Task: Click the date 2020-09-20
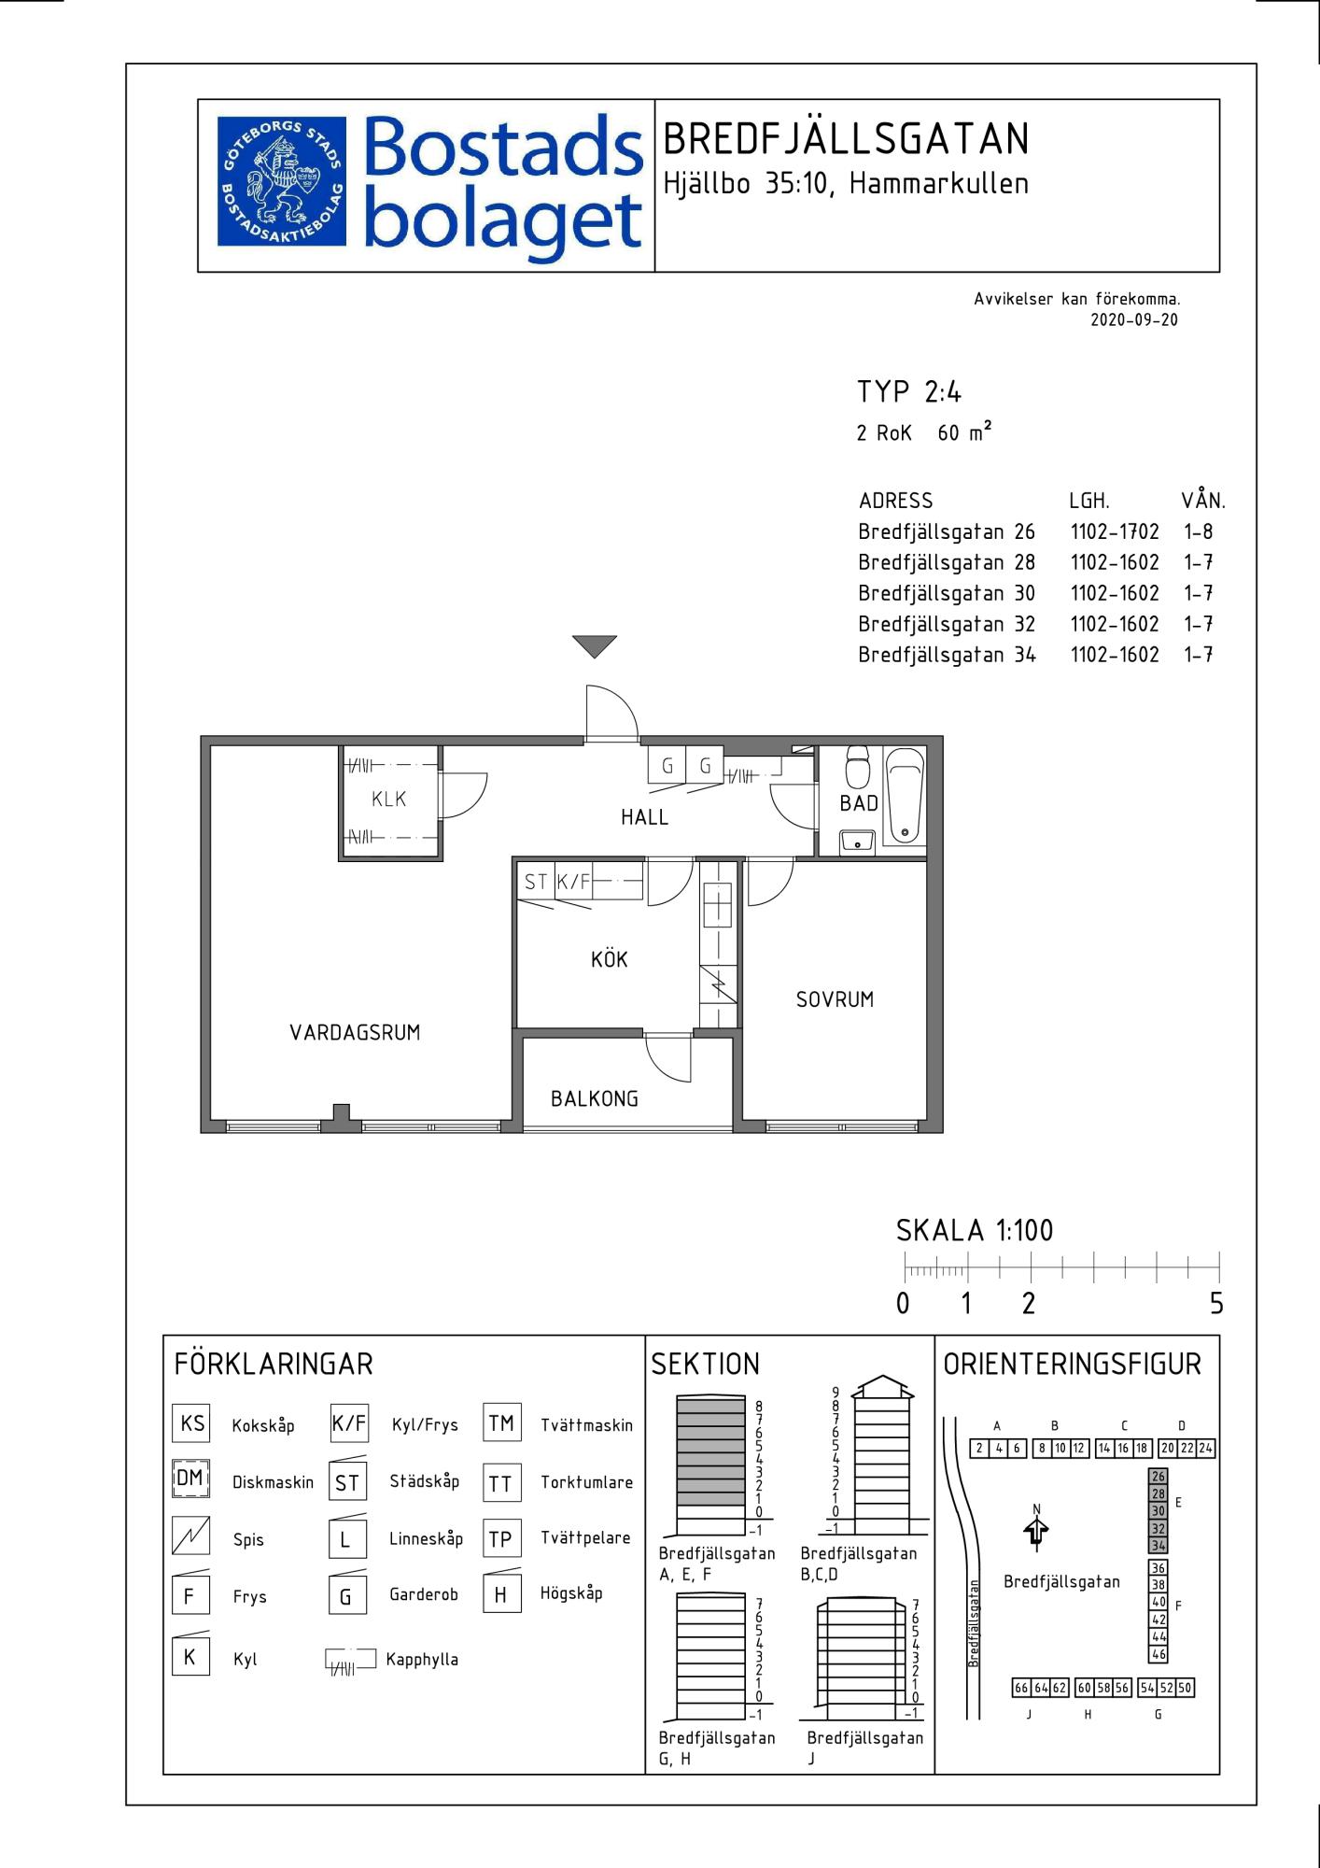1134,319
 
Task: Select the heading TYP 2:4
909,391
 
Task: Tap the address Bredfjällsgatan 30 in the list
947,594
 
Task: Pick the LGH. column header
1089,501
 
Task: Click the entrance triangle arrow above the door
595,646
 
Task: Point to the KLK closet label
389,800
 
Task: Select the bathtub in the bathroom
904,795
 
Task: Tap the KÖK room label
610,959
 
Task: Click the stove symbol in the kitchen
718,984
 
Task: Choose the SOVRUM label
835,999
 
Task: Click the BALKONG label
595,1098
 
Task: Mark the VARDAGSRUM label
355,1032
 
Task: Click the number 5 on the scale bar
1216,1303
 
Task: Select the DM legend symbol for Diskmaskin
190,1479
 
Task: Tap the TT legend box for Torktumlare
501,1482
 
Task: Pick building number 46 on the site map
1158,1654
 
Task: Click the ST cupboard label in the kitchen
535,882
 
